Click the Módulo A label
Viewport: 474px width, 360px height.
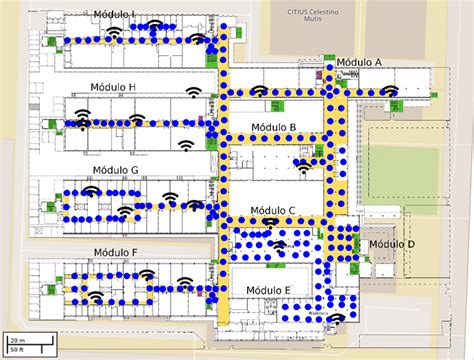tap(359, 62)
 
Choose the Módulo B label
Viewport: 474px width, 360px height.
tap(273, 127)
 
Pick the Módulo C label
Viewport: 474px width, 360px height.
tap(272, 210)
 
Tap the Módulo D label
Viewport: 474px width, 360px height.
tap(392, 244)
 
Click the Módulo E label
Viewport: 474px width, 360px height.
tap(268, 290)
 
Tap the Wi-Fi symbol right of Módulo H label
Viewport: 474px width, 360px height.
tap(192, 93)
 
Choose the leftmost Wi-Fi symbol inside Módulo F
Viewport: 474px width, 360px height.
tap(95, 295)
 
